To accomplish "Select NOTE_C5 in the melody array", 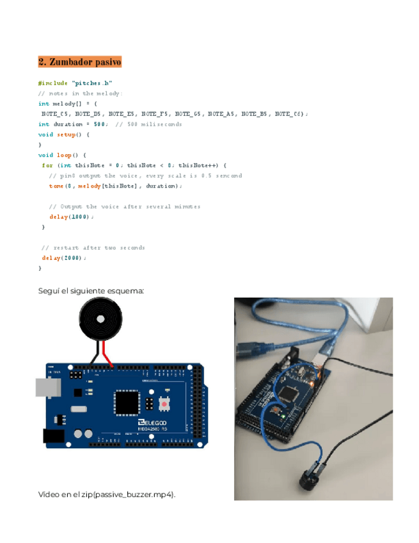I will pyautogui.click(x=55, y=113).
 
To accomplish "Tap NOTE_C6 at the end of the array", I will pyautogui.click(x=289, y=113).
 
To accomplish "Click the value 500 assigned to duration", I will pyautogui.click(x=100, y=124).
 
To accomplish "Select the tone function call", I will pyautogui.click(x=56, y=186).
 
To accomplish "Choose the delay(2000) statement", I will pyautogui.click(x=64, y=257).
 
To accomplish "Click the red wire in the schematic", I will pyautogui.click(x=108, y=353).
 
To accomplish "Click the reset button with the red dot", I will pyautogui.click(x=164, y=405).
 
